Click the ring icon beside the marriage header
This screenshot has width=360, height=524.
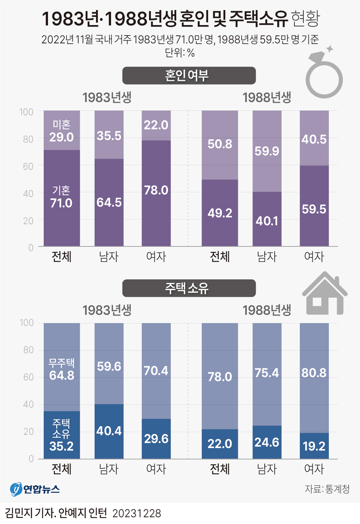coord(324,77)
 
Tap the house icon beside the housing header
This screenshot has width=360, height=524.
coord(325,294)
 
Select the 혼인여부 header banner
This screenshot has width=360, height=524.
coord(189,76)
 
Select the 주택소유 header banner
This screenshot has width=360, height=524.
coord(189,288)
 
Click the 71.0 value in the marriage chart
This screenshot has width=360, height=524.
coord(61,203)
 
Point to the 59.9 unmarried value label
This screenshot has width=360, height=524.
coord(267,151)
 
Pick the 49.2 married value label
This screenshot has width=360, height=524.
coord(220,213)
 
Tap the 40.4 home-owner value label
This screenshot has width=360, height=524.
coord(109,431)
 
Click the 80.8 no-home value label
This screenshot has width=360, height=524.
coord(314,373)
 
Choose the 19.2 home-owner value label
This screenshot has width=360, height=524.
coord(314,446)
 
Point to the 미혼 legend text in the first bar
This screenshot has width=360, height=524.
coord(62,125)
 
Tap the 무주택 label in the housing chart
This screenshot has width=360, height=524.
coord(62,363)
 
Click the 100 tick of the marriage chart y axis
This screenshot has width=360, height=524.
coord(26,112)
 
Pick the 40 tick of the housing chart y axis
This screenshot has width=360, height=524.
coord(28,404)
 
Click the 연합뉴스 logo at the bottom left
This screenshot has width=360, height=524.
coord(35,489)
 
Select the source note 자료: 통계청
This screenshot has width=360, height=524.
coord(327,489)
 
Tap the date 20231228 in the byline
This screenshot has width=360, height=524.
coord(137,514)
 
